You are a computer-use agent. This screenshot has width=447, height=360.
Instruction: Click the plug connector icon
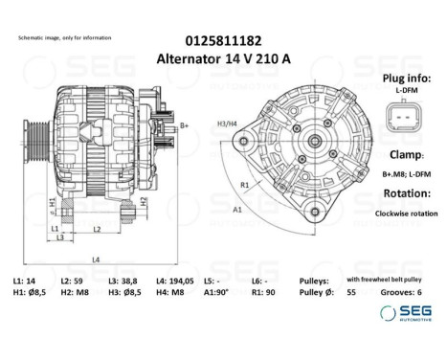[x=401, y=117]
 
